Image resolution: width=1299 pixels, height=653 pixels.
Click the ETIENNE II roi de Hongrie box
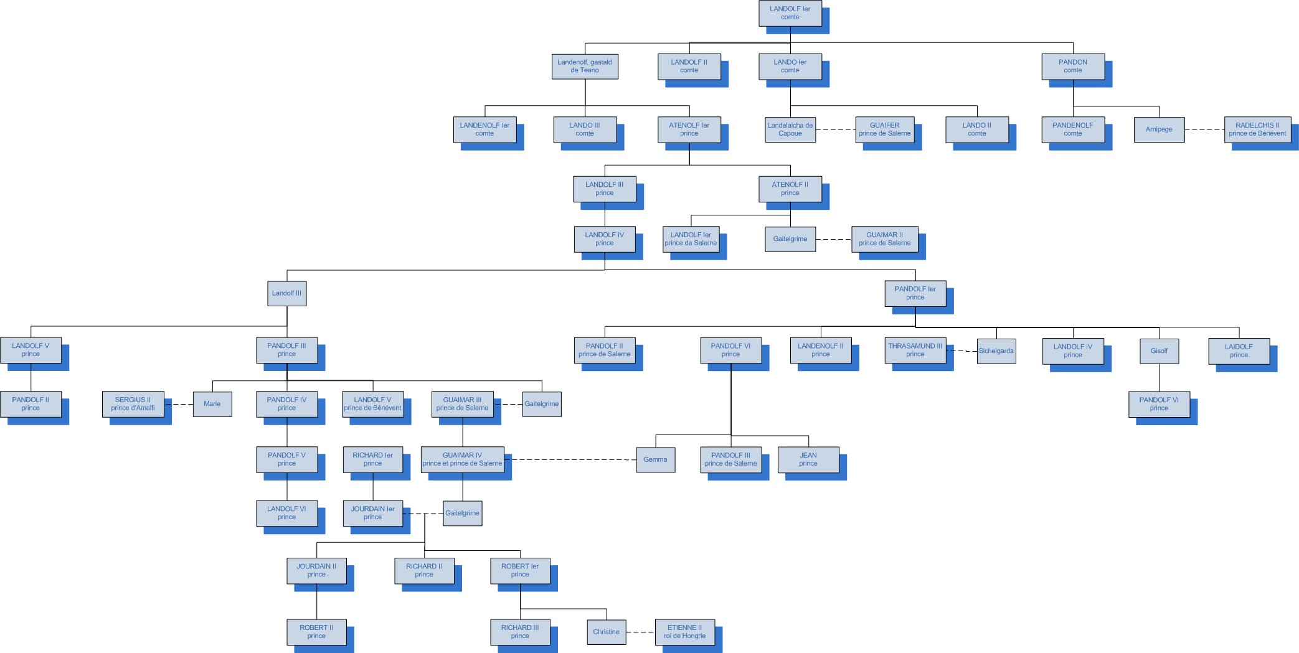[684, 632]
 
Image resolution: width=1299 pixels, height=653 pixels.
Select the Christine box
[606, 632]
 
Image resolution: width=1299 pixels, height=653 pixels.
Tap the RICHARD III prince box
[520, 632]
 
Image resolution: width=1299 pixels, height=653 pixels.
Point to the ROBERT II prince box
[316, 632]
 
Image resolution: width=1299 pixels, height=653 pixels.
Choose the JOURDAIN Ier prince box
[372, 513]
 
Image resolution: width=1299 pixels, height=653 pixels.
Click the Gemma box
[655, 459]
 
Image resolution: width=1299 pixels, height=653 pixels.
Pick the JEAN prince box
[808, 459]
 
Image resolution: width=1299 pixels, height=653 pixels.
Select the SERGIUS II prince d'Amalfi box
[133, 404]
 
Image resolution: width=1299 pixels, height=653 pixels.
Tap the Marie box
[212, 404]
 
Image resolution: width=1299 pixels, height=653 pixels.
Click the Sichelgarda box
[996, 351]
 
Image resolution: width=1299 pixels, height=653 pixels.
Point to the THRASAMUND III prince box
[915, 350]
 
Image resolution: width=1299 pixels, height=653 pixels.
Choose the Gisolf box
[1159, 351]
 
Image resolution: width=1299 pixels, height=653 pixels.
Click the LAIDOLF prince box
[1239, 351]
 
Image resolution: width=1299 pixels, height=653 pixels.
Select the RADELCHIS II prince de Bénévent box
[1257, 129]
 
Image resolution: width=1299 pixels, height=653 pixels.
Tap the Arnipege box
[1159, 129]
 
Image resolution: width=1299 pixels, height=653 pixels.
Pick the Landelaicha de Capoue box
[790, 129]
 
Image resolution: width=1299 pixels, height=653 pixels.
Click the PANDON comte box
[1073, 66]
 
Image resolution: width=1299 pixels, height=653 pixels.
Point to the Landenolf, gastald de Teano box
[585, 66]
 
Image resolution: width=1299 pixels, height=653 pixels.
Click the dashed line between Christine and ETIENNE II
[640, 632]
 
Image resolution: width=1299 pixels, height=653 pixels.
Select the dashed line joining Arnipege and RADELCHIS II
[1204, 129]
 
